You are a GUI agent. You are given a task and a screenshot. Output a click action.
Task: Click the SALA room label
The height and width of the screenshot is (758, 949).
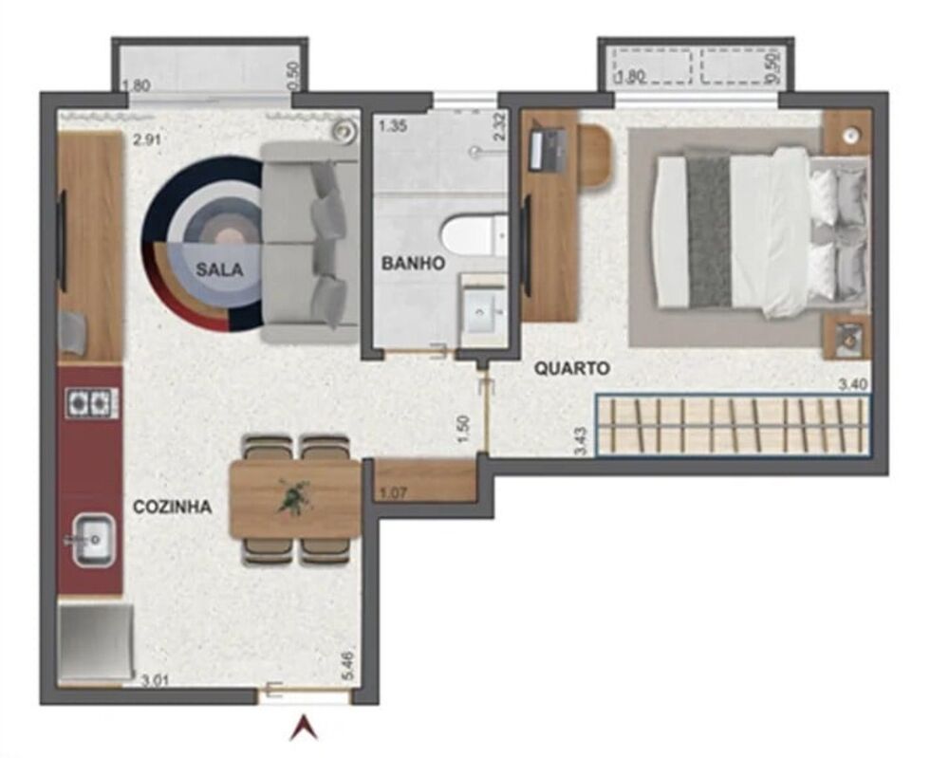coord(219,269)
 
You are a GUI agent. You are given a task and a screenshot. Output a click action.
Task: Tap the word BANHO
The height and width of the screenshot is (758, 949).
coord(413,264)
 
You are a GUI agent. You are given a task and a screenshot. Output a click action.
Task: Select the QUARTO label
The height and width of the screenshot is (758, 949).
coord(571,368)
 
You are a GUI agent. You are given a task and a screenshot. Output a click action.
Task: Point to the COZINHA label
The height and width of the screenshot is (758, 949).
coord(172,508)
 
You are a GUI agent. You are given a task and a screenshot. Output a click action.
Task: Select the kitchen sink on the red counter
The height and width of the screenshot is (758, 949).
coord(93,540)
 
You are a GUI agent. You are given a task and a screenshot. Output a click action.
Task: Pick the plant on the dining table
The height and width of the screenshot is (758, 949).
coord(294,497)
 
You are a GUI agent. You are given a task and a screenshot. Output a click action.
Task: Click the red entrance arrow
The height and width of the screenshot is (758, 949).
coord(304,728)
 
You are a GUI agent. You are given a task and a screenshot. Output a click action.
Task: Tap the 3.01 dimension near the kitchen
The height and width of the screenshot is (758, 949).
coord(155,680)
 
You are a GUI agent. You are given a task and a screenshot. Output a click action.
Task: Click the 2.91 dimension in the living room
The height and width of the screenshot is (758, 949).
coord(147,139)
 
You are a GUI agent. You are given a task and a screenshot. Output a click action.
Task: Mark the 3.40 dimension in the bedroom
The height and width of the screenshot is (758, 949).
coord(852,385)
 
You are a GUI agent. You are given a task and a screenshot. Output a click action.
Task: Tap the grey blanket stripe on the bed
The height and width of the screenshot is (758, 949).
coord(709,231)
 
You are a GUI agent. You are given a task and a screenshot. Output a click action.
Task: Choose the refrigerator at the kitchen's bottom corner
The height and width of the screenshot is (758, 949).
coord(95,641)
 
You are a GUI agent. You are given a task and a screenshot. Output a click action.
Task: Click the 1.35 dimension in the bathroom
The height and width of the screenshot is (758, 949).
coord(393,124)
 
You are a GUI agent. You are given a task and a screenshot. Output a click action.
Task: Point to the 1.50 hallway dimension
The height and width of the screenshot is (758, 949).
coord(463,429)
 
